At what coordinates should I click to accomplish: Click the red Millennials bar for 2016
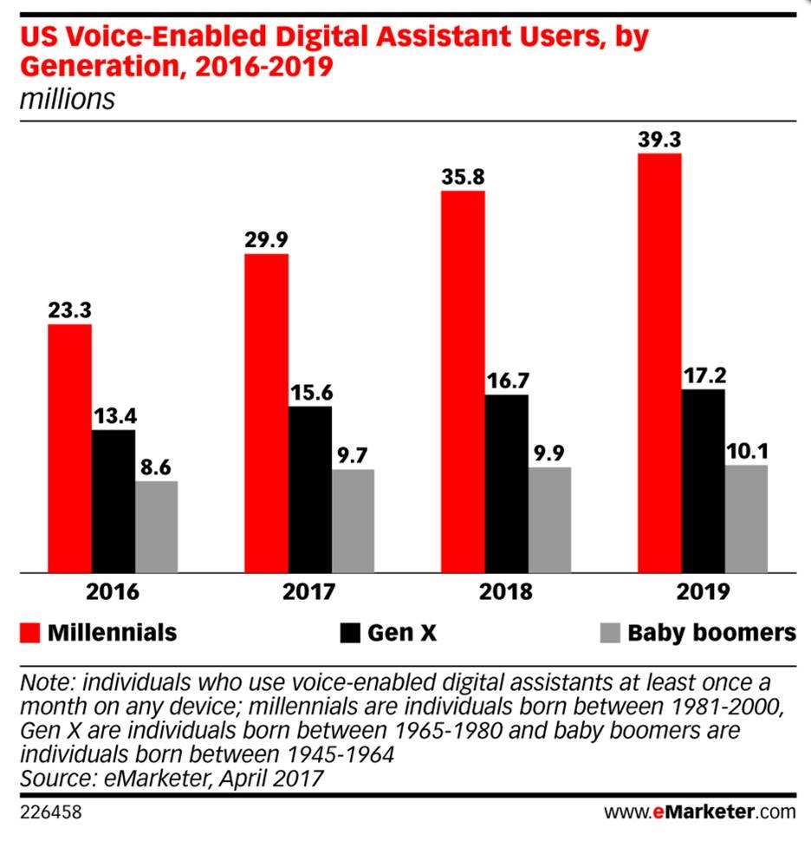click(x=69, y=448)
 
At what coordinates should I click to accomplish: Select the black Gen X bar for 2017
click(x=310, y=489)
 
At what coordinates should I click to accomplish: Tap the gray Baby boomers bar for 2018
click(x=549, y=519)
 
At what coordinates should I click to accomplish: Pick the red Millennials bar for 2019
click(x=659, y=362)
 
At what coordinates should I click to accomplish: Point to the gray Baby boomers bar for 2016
click(x=157, y=526)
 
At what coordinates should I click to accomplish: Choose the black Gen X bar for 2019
click(x=703, y=480)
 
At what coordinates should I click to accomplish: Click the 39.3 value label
click(x=659, y=139)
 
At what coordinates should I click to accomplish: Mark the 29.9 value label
click(x=266, y=239)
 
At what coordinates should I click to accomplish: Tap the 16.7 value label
click(x=507, y=380)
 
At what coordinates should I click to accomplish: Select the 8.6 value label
click(x=157, y=466)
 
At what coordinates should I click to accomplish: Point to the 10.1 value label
click(x=746, y=450)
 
